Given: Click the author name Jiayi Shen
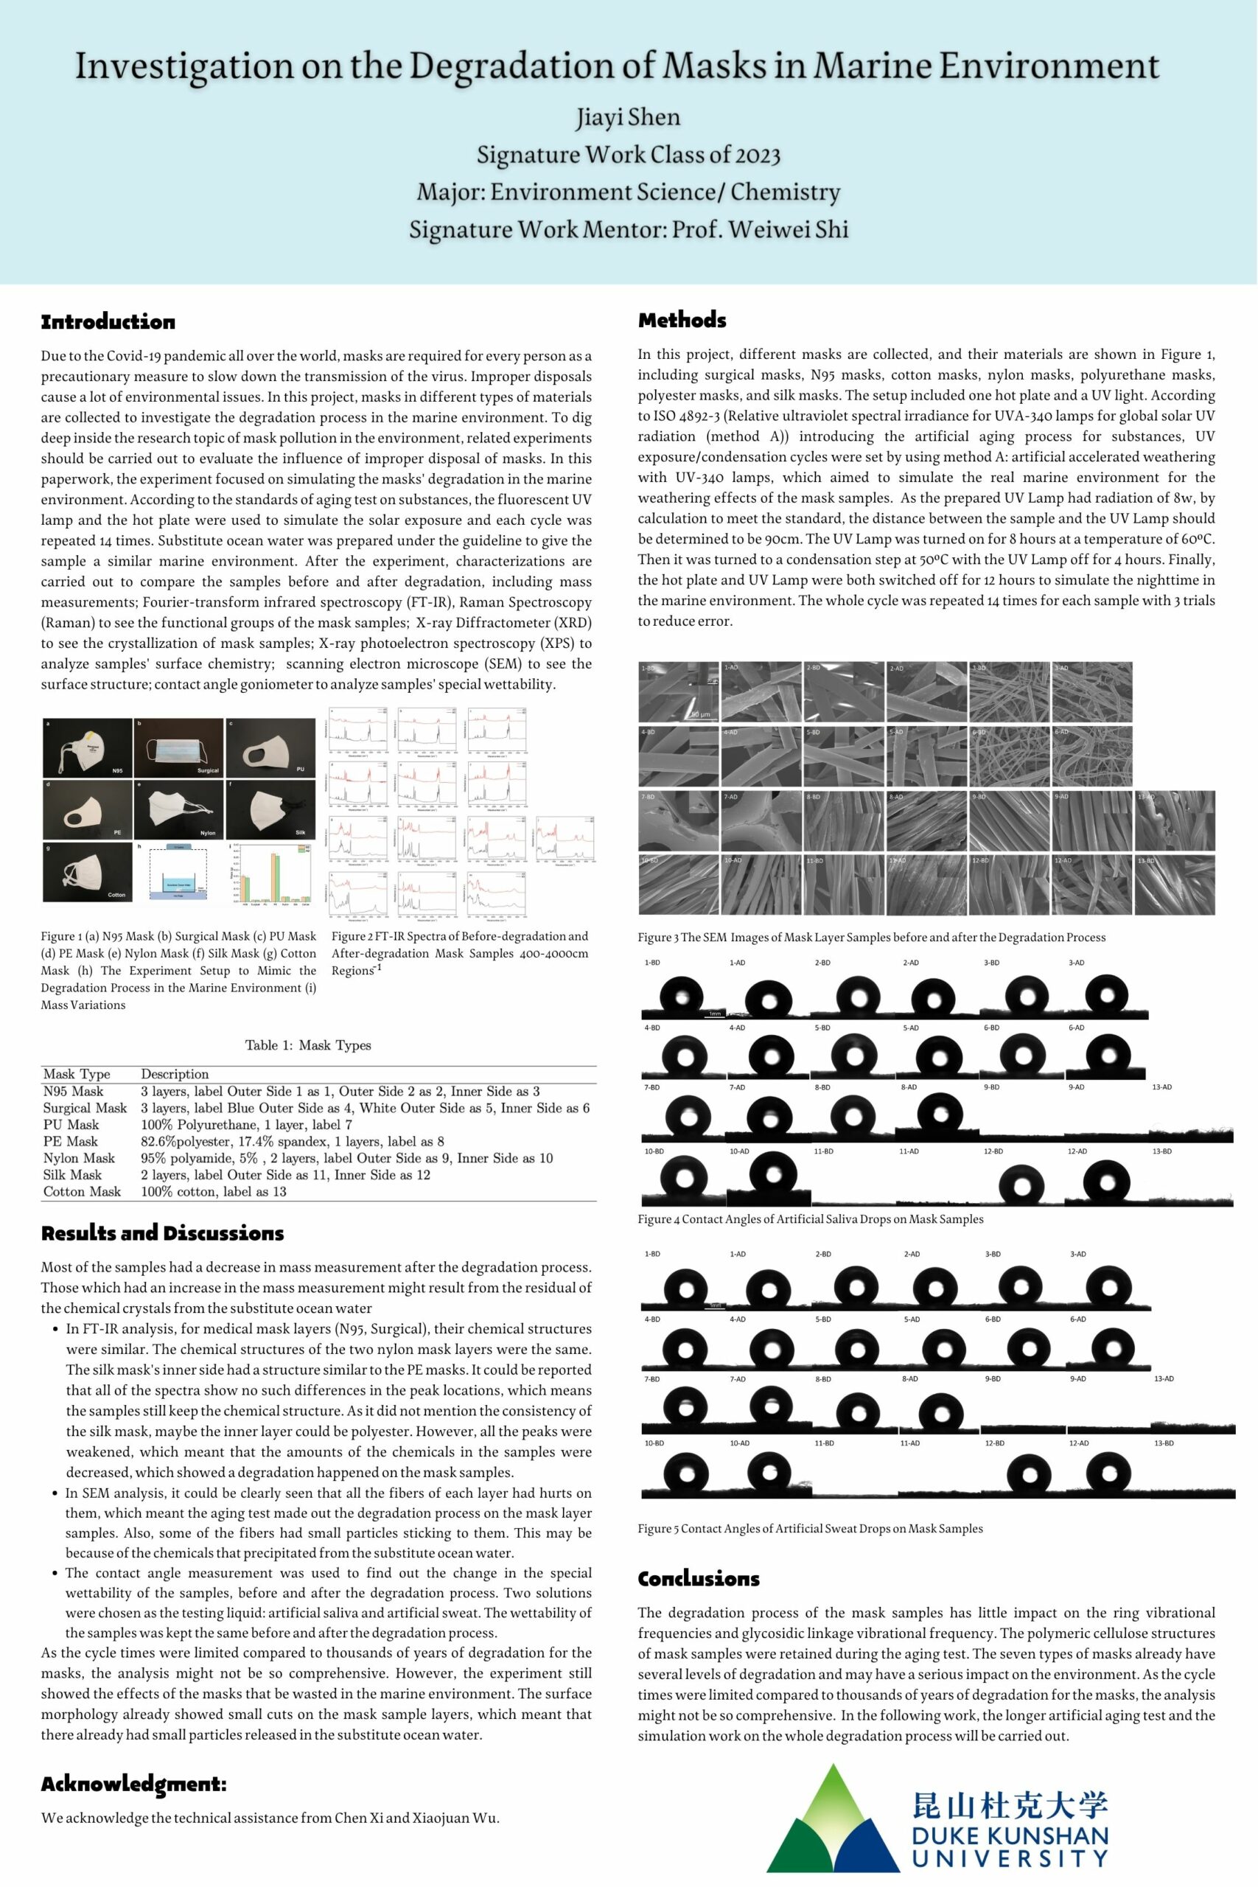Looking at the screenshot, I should click(x=628, y=117).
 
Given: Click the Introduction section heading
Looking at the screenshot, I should click(x=108, y=323).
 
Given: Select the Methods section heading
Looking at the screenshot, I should click(x=682, y=320).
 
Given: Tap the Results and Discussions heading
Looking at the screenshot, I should click(x=162, y=1233).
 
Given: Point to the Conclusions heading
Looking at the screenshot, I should click(x=698, y=1579).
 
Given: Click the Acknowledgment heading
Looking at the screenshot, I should click(x=134, y=1784).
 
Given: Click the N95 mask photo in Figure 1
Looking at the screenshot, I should click(x=87, y=747).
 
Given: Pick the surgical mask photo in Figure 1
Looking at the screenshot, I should click(x=179, y=747).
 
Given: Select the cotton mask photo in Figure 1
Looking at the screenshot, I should click(x=87, y=871).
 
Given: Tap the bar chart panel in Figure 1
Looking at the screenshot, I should click(x=271, y=872).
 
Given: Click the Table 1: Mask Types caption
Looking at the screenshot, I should click(x=308, y=1045).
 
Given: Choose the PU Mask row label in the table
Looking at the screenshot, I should click(x=71, y=1125).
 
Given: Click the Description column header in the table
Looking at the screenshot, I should click(x=174, y=1074).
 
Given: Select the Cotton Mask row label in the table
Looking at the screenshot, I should click(x=82, y=1191).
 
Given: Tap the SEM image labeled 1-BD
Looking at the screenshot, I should click(x=679, y=691).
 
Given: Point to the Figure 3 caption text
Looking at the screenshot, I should click(x=871, y=937).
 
